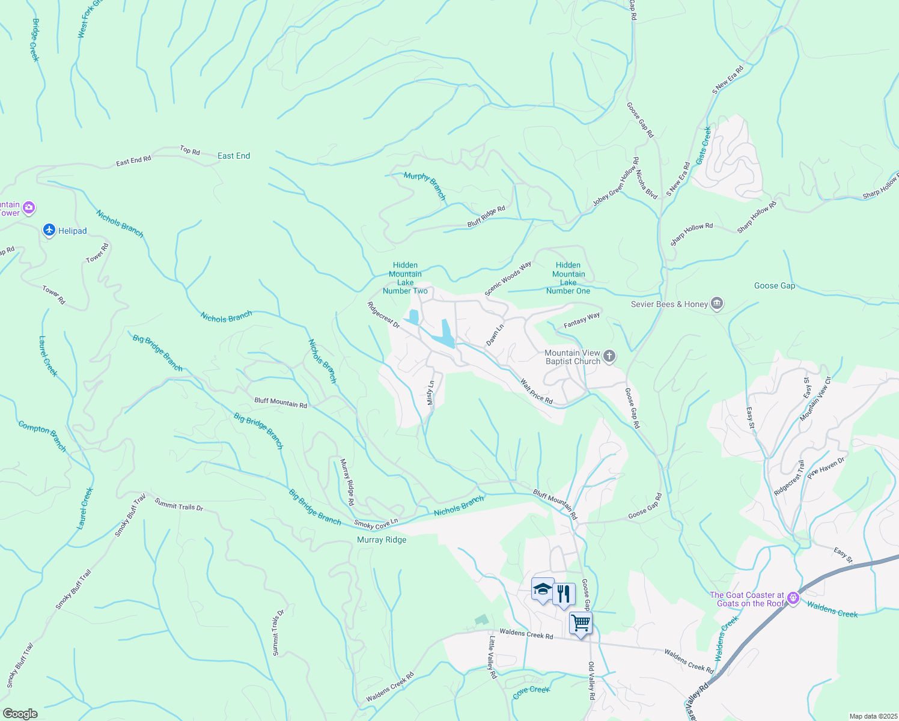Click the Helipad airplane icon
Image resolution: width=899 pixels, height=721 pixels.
49,230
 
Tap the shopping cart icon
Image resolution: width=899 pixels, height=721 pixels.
581,623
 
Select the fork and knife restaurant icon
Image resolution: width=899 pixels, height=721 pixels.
563,594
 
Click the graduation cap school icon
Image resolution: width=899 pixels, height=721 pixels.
542,589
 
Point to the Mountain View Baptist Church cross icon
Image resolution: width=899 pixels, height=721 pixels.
609,357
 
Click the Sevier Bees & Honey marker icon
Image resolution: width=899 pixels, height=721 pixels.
716,303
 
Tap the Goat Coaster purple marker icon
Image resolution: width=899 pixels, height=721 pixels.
793,598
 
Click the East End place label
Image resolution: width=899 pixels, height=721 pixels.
234,156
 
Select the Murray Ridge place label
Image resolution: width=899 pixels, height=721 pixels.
382,540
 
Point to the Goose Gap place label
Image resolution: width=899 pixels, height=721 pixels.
775,285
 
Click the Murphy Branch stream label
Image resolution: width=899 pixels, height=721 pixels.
425,185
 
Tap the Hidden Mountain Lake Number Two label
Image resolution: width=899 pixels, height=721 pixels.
405,278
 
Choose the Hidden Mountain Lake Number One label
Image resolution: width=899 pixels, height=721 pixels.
568,278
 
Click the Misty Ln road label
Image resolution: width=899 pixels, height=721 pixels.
430,392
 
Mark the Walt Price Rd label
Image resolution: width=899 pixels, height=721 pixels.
536,391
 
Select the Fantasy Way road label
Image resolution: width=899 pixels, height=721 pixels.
582,320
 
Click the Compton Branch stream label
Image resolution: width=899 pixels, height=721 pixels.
42,436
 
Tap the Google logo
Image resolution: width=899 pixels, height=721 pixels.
20,714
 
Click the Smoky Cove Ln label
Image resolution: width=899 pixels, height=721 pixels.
376,524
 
